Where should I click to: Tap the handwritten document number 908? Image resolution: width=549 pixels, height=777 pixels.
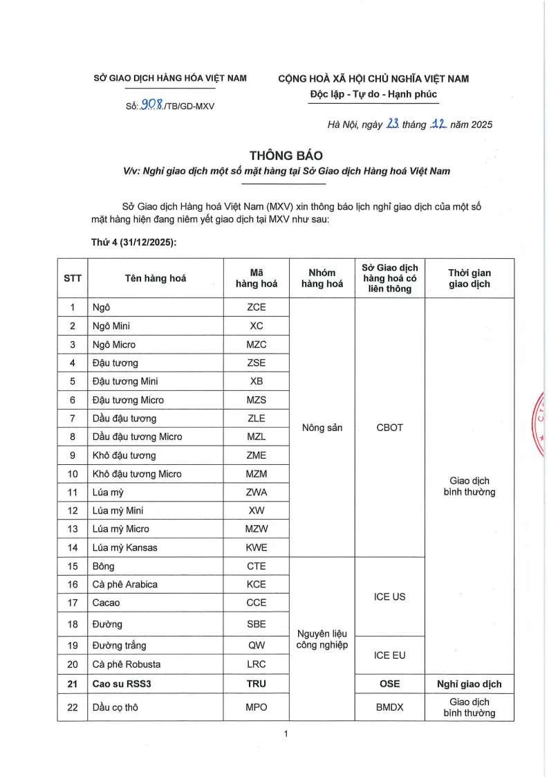point(151,105)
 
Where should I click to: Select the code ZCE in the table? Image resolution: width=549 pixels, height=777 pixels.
point(256,307)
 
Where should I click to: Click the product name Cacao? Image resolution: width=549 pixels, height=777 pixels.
point(106,603)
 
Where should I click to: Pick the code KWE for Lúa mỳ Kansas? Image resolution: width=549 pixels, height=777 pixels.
point(256,547)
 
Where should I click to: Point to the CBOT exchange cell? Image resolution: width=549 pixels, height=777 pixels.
point(390,428)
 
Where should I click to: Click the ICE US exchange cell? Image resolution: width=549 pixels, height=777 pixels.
point(390,596)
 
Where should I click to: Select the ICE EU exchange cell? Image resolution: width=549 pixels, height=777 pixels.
point(390,655)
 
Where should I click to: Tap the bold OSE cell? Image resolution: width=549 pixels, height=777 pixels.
point(390,684)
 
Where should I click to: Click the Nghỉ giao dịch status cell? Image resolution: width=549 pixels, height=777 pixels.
point(469,684)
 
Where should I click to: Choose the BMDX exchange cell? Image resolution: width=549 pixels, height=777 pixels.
point(390,708)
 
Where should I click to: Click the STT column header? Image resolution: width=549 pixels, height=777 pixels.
point(73,279)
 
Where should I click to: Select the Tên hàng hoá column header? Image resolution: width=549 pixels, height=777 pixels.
point(156,279)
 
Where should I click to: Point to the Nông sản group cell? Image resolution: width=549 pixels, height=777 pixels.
point(322,428)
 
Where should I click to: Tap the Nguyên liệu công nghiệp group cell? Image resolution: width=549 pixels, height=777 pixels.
point(322,640)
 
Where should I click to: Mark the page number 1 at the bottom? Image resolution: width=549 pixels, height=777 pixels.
point(285,734)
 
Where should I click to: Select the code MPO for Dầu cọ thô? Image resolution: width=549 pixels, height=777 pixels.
point(256,708)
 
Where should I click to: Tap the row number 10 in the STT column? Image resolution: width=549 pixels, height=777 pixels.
point(73,474)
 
